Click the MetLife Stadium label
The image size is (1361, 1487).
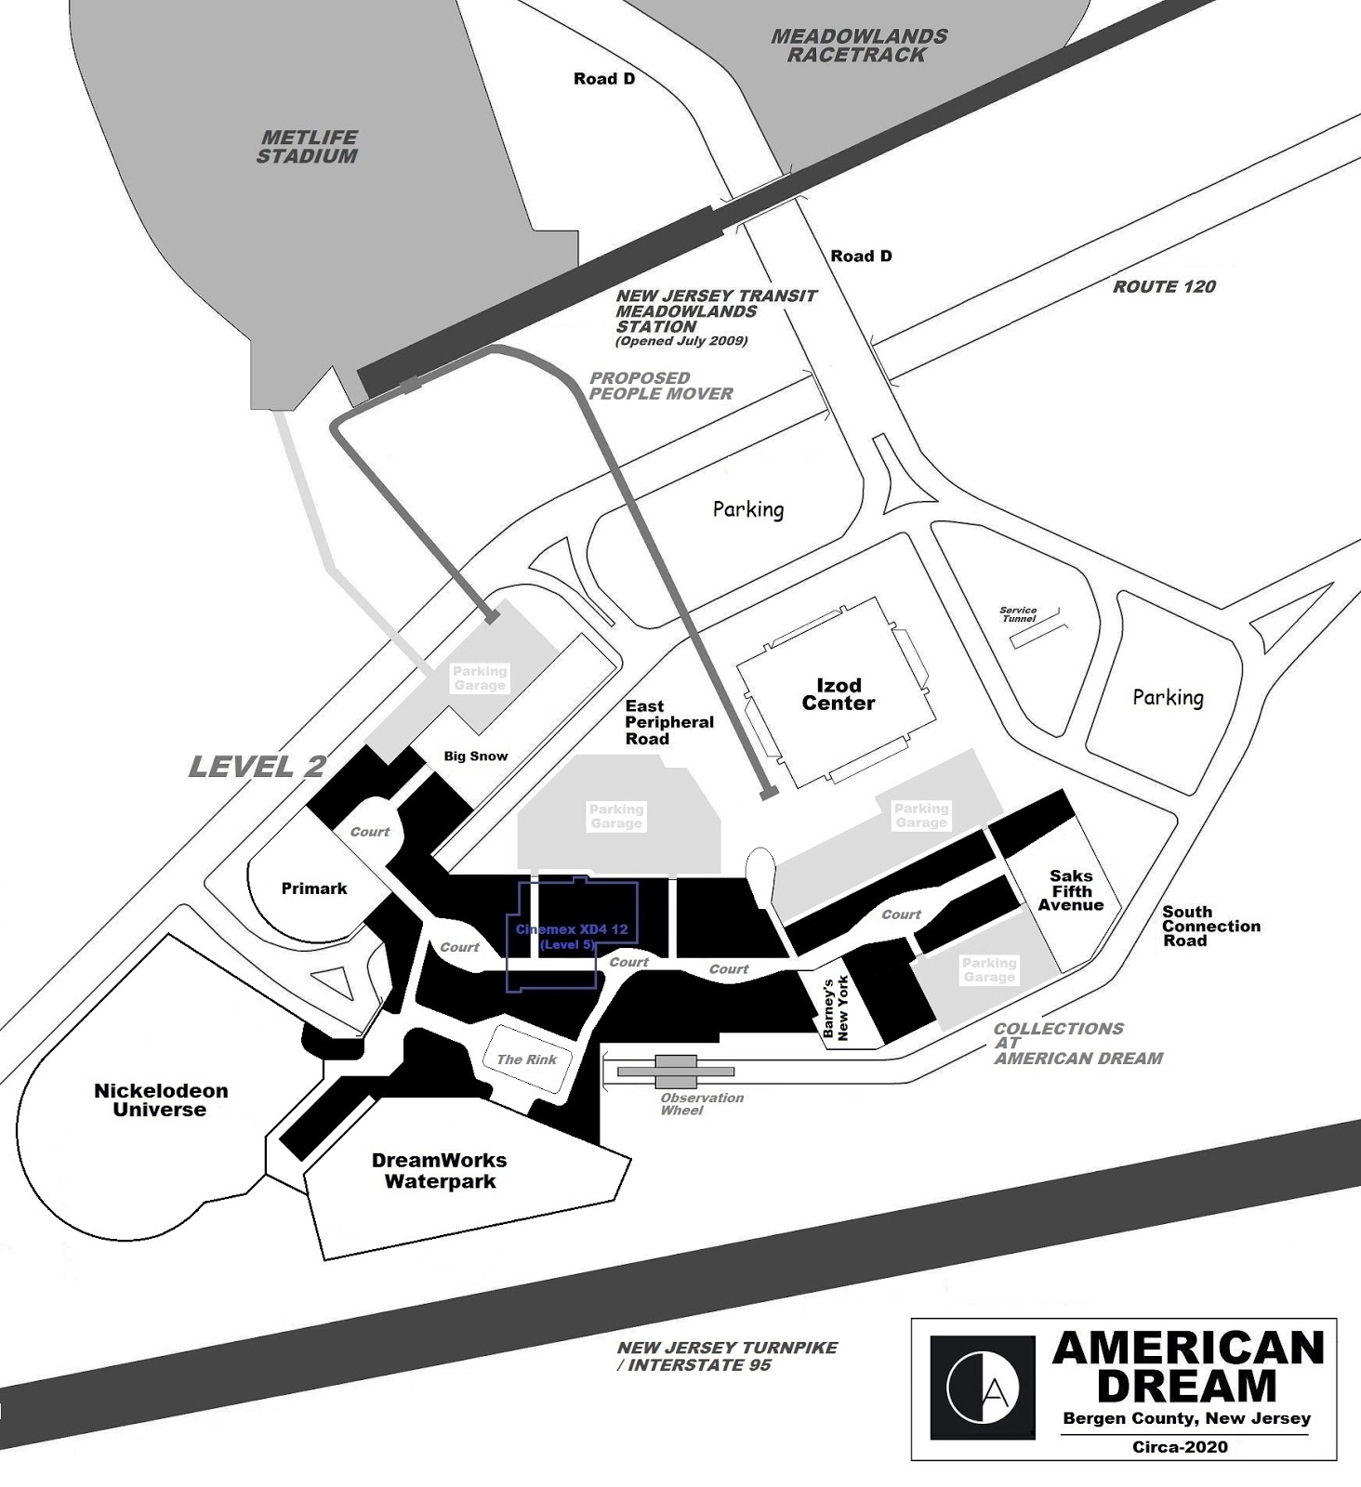click(307, 147)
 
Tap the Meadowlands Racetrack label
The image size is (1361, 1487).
click(858, 46)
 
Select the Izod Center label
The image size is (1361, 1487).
click(839, 694)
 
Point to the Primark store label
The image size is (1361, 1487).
click(314, 888)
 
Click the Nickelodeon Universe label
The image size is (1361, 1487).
click(161, 1099)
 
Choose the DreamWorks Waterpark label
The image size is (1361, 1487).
click(440, 1171)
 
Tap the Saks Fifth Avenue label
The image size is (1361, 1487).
click(1071, 890)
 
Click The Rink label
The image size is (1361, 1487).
click(526, 1059)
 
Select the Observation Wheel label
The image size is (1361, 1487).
click(702, 1104)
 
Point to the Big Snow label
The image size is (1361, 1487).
click(476, 757)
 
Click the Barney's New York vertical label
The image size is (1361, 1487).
click(837, 1007)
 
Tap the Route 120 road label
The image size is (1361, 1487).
click(1164, 287)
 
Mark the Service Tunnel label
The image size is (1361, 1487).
click(1018, 614)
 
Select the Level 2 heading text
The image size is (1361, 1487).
click(257, 767)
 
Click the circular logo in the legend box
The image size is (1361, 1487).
click(983, 1388)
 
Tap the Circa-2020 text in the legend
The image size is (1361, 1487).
click(1180, 1446)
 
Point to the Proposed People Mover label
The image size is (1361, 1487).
click(661, 386)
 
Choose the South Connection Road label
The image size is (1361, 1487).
click(1210, 927)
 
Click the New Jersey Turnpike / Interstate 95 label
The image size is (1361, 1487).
click(727, 1356)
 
